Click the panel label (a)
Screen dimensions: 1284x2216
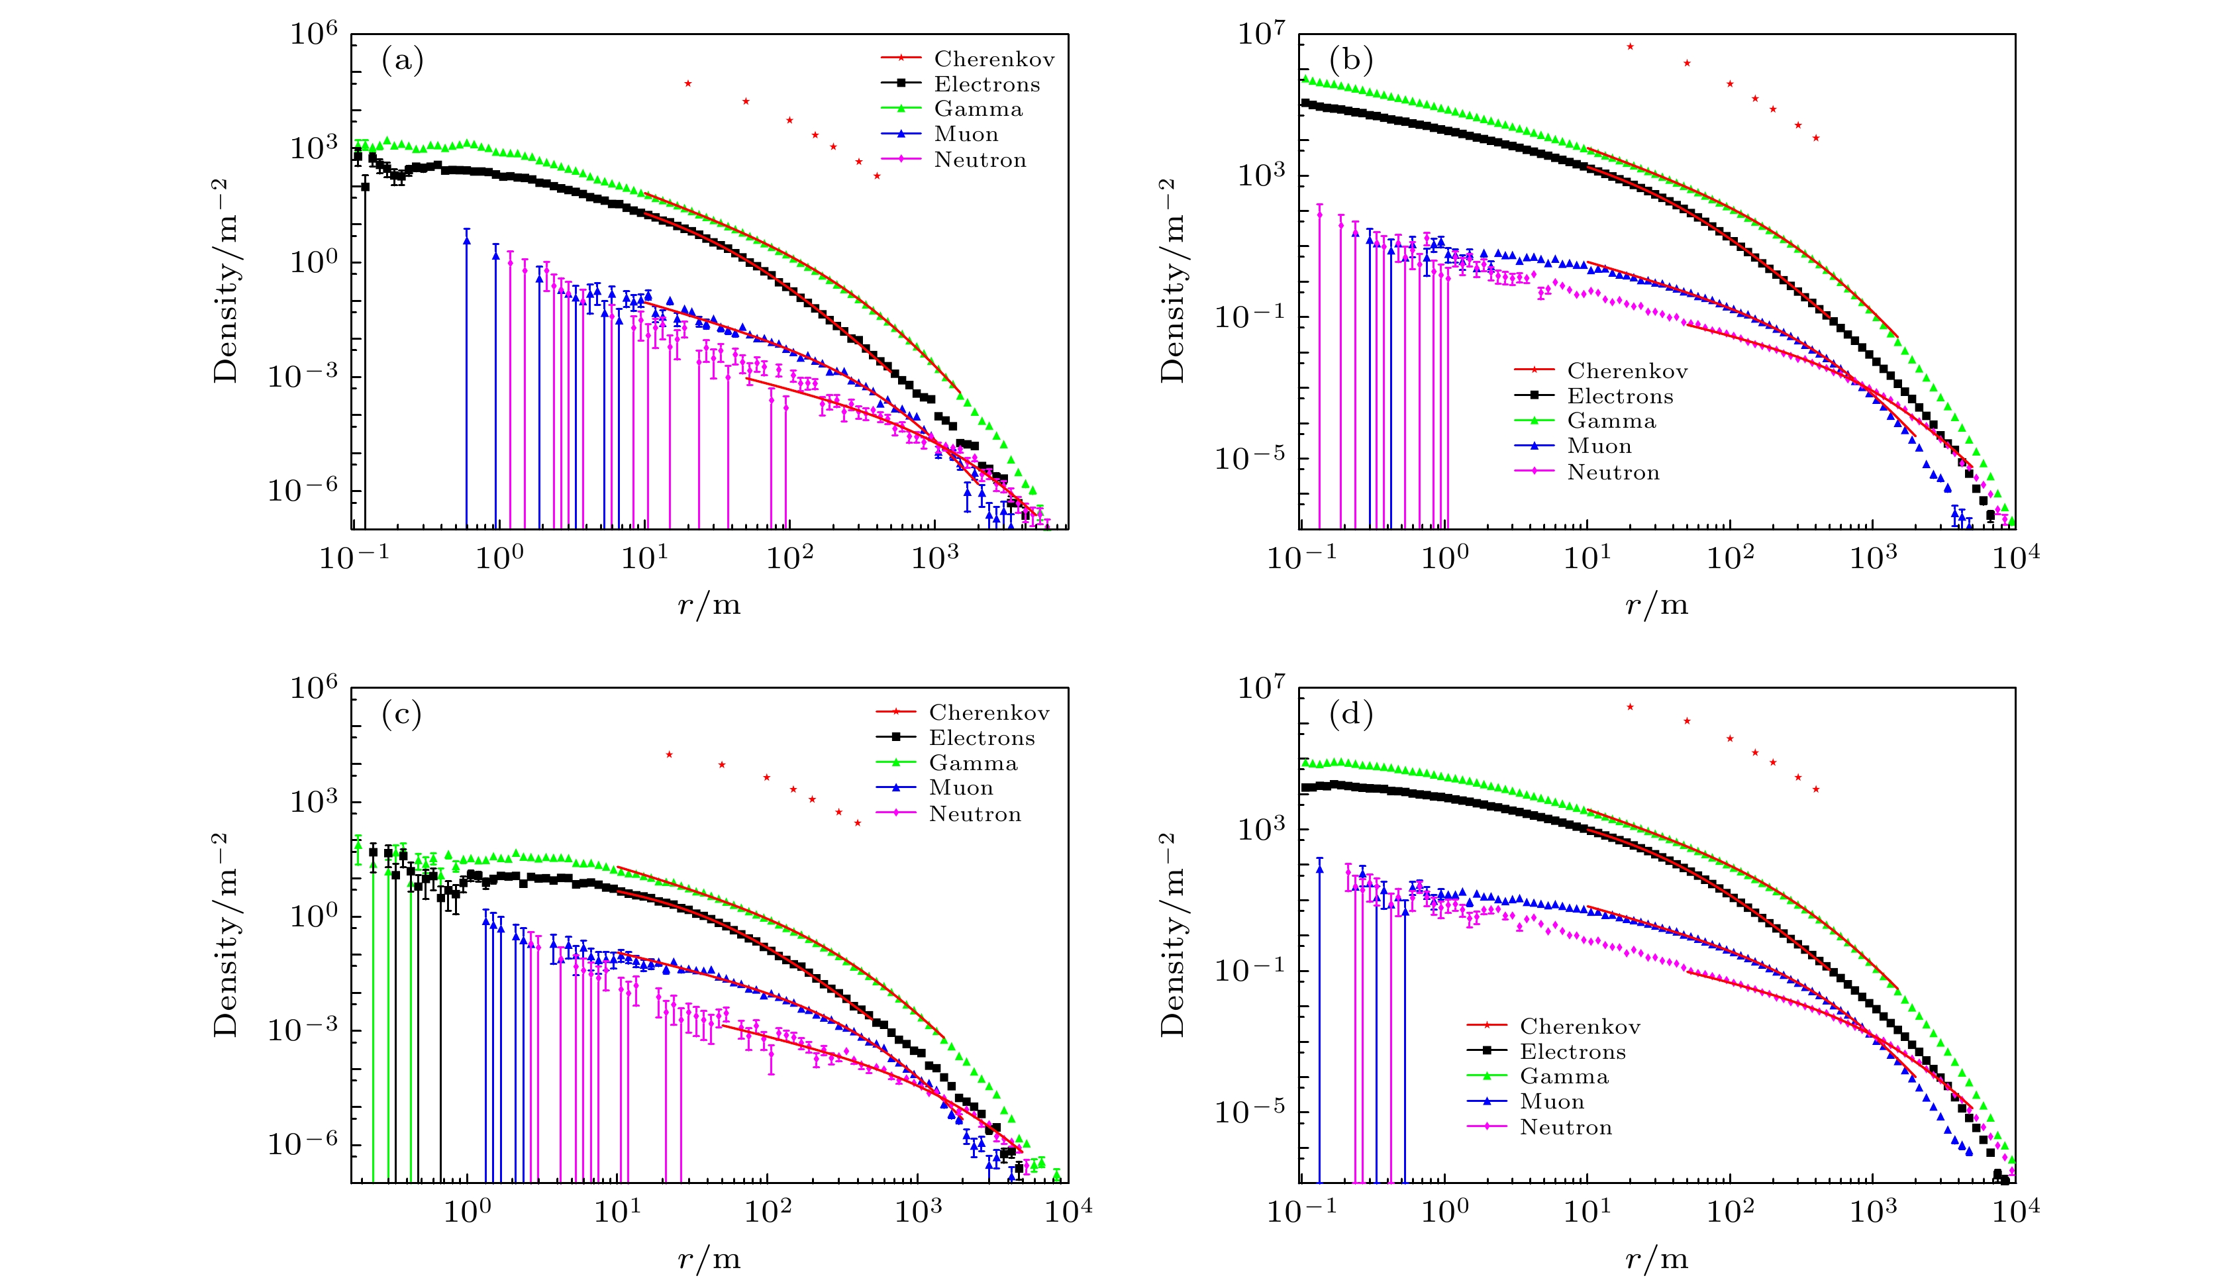point(402,61)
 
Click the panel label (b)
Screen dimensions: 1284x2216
point(1350,61)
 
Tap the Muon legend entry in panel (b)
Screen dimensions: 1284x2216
point(1599,447)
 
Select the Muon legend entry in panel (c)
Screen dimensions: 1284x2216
point(960,788)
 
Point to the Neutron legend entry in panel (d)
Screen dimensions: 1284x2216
point(1565,1128)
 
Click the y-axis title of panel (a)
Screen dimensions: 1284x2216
point(226,281)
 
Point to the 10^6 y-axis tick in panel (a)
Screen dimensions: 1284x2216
point(313,35)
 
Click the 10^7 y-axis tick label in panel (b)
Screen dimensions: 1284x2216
point(1261,35)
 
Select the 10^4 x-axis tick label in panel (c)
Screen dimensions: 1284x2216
point(1068,1212)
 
